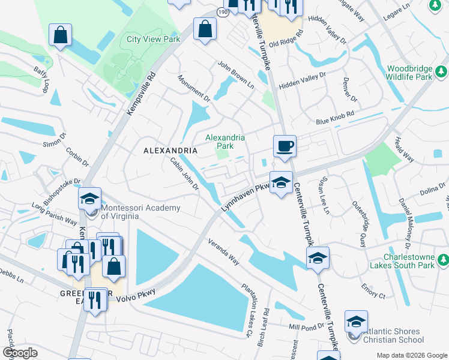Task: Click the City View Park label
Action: tap(153, 39)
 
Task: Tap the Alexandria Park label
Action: tap(225, 142)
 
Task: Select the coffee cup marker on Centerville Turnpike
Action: tap(285, 146)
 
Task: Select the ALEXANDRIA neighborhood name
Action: tap(170, 150)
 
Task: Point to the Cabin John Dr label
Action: tap(184, 173)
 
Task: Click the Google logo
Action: tap(20, 353)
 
